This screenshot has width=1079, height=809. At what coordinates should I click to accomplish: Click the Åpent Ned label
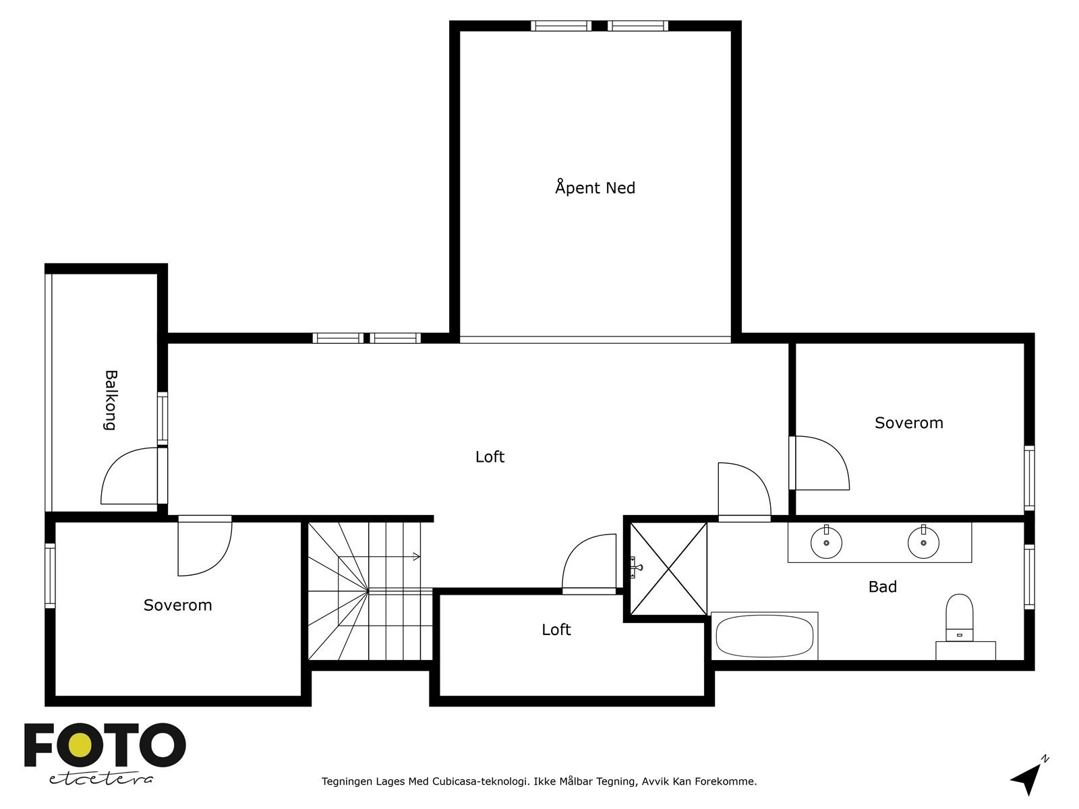595,187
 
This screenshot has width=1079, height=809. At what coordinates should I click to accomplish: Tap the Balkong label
111,400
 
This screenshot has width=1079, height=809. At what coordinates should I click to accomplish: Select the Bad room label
882,587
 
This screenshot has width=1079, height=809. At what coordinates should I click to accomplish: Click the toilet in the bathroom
960,618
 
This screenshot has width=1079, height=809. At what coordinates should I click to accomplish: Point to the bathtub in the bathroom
764,636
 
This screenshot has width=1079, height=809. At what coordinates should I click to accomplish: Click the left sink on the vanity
826,542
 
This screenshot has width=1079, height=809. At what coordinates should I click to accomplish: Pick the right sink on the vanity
924,542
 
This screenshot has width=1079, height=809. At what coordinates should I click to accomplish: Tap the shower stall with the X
668,568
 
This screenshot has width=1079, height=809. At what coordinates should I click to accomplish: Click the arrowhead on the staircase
417,557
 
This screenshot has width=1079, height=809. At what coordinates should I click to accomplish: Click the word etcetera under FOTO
100,779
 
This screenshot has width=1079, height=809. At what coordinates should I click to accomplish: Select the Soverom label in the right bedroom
909,423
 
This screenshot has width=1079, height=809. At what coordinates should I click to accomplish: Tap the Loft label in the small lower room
556,629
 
